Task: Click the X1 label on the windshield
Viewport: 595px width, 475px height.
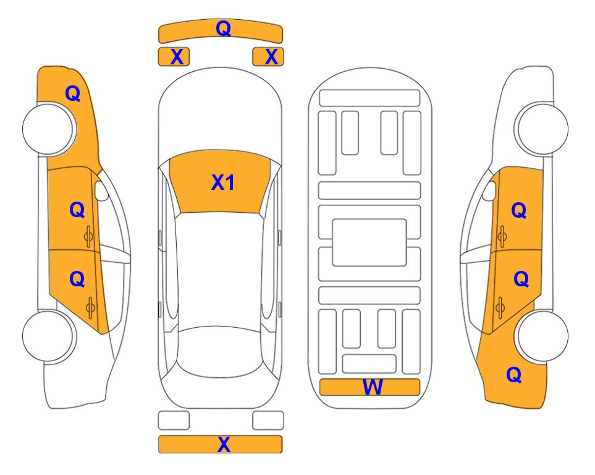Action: click(x=223, y=182)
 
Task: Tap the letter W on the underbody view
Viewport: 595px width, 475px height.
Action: click(x=373, y=387)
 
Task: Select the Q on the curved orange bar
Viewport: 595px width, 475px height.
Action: click(x=223, y=28)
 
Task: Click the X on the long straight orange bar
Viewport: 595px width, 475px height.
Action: click(x=224, y=444)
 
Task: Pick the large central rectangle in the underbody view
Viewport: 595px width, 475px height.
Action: click(x=369, y=242)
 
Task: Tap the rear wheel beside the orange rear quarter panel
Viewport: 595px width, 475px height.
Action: click(x=542, y=336)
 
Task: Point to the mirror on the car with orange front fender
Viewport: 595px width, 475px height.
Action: click(x=101, y=190)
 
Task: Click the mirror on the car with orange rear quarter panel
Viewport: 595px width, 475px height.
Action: click(x=489, y=190)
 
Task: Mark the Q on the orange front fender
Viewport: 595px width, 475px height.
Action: click(x=73, y=93)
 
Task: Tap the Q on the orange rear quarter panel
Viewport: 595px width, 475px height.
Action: click(x=514, y=375)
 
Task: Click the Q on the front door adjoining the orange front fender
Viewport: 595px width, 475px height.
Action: click(x=77, y=210)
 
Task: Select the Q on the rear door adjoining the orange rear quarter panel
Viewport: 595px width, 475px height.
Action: click(x=521, y=280)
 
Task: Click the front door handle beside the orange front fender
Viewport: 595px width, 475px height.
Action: click(x=89, y=236)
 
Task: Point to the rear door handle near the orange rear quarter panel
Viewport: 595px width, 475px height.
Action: click(x=500, y=307)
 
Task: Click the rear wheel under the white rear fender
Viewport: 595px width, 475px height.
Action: click(x=49, y=336)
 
